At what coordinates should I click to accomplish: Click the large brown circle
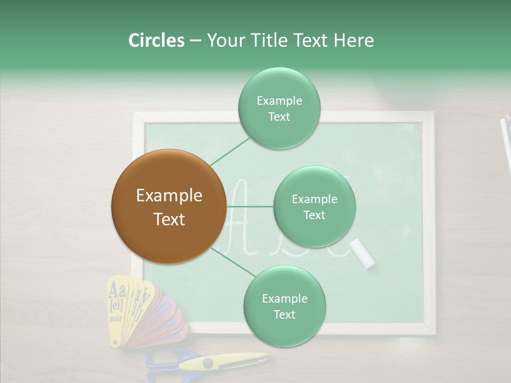(169, 206)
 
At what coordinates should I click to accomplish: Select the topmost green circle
(279, 108)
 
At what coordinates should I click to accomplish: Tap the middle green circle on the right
(314, 206)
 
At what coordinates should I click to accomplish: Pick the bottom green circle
(284, 306)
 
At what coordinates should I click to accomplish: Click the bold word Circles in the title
(156, 40)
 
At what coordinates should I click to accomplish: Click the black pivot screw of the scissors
(208, 363)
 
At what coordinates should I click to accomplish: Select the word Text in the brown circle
(169, 219)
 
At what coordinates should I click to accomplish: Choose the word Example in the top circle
(279, 101)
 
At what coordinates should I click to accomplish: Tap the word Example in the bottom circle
(284, 298)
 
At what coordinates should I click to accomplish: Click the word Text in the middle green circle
(314, 215)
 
